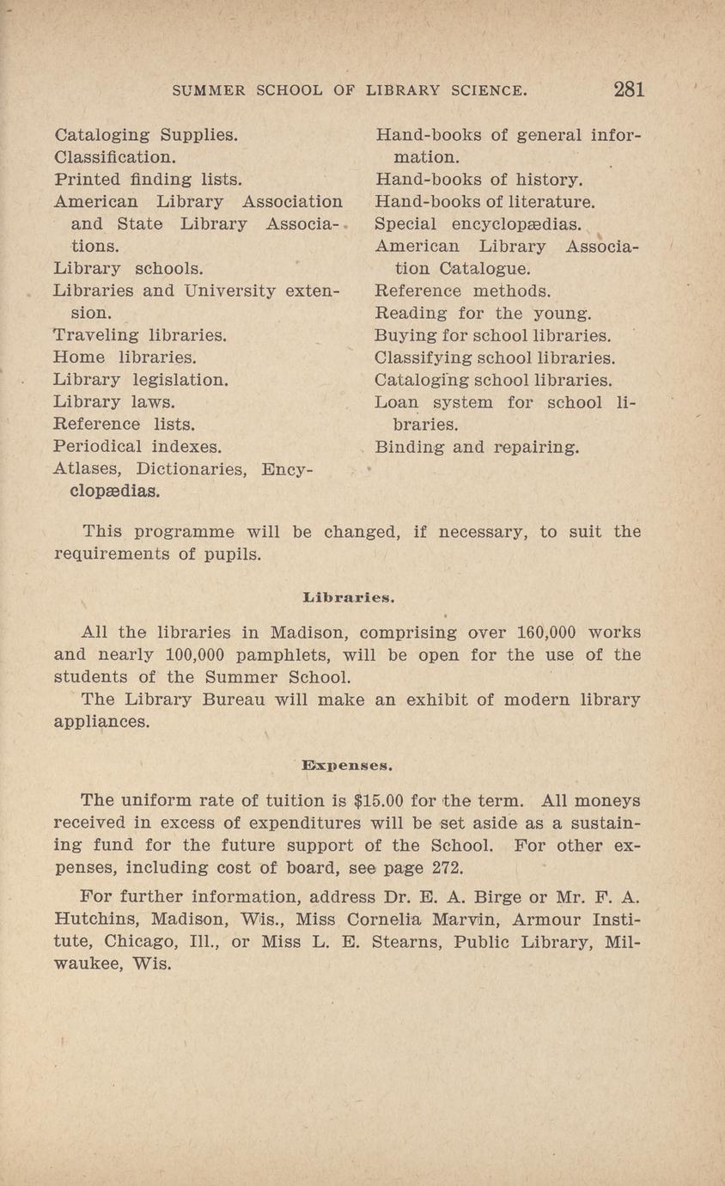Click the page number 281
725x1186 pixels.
pyautogui.click(x=629, y=89)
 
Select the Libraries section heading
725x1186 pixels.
pyautogui.click(x=349, y=594)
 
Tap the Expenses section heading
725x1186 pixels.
pyautogui.click(x=347, y=763)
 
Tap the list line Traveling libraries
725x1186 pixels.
pyautogui.click(x=140, y=334)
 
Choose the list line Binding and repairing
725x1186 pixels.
pyautogui.click(x=478, y=447)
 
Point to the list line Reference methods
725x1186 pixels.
pyautogui.click(x=463, y=291)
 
